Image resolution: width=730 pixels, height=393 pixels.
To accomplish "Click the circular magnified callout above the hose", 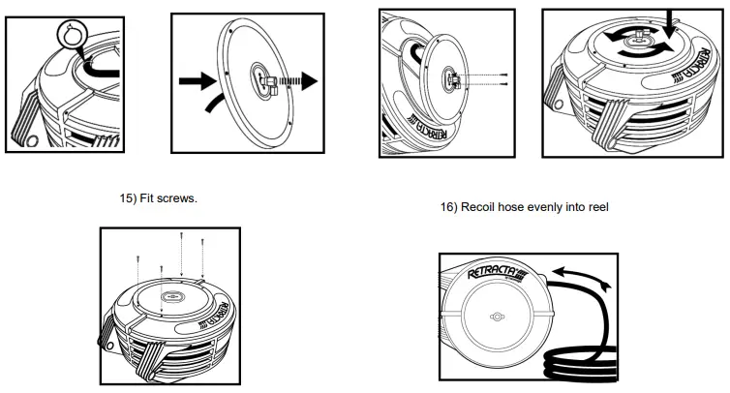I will tap(71, 37).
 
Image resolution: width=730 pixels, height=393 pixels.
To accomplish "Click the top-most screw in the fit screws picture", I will tap(182, 238).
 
